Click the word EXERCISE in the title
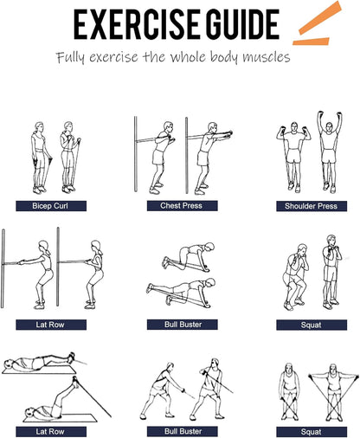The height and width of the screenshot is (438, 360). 137,24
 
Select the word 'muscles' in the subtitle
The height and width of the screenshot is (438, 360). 266,57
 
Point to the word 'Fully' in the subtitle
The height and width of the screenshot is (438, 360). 71,57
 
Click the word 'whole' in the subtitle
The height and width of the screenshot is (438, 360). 188,56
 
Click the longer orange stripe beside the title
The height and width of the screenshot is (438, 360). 320,18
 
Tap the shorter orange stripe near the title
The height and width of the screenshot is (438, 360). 311,42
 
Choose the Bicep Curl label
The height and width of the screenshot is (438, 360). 51,206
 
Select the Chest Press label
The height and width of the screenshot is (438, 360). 183,206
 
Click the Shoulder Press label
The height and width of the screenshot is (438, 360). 312,206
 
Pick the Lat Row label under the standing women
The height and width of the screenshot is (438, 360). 51,325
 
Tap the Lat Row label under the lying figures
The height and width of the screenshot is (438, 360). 51,432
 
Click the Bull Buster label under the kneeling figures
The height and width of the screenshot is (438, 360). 183,325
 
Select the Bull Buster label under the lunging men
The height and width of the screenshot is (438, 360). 183,431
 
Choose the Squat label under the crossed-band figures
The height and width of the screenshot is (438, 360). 312,432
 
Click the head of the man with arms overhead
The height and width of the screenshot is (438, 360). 329,127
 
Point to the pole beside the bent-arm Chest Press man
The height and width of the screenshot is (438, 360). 136,154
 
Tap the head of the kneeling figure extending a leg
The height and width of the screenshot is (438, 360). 211,283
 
